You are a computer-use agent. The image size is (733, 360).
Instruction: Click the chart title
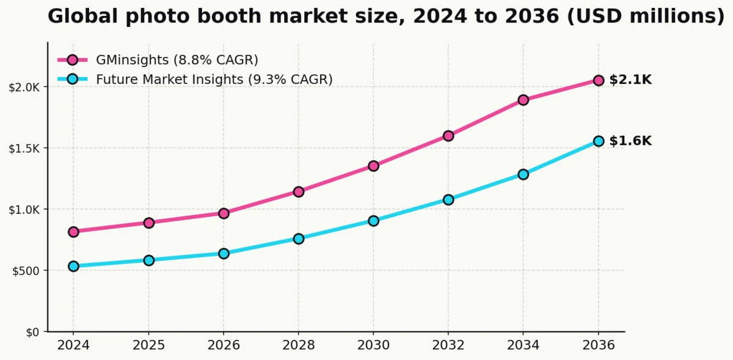coord(386,17)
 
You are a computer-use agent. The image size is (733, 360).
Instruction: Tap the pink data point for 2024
coord(73,232)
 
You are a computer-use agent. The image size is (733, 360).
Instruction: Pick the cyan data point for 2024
coord(73,266)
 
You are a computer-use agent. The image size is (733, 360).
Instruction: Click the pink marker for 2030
coord(373,166)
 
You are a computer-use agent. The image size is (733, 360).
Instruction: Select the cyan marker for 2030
coord(373,221)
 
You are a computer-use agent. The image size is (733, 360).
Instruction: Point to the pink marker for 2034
coord(523,100)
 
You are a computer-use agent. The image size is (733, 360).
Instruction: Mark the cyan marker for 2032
coord(448,199)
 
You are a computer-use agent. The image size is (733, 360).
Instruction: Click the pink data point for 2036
coord(599,80)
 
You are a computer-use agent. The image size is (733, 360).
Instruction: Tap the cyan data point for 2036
coord(599,141)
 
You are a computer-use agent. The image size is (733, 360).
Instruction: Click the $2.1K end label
coord(630,80)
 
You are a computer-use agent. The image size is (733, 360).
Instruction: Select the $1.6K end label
coord(630,141)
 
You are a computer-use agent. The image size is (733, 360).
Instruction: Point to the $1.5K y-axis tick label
coord(24,149)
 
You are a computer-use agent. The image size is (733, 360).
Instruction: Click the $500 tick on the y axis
coord(26,271)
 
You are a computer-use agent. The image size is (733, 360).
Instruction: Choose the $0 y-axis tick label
coord(32,332)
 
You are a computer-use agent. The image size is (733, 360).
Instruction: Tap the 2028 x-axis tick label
coord(299,345)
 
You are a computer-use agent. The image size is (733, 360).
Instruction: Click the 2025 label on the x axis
coord(148,345)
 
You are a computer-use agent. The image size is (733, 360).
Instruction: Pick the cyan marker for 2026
coord(224,253)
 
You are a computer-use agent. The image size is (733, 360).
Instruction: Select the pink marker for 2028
coord(299,191)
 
